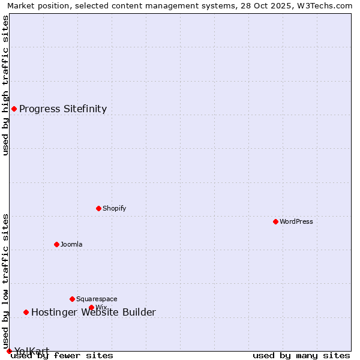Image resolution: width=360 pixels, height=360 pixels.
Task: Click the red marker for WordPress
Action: tap(275, 222)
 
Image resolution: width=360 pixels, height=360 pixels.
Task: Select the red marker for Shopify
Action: tap(98, 209)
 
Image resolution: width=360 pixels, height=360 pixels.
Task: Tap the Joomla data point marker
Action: tap(56, 244)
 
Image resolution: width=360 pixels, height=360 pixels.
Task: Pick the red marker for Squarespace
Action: tap(72, 299)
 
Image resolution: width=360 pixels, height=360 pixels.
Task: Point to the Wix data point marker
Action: tap(91, 308)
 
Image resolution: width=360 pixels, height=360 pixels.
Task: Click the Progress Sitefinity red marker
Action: tap(14, 109)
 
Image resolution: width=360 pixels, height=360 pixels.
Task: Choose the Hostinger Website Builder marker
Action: tap(26, 312)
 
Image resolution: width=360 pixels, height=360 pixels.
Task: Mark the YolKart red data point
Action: tap(9, 351)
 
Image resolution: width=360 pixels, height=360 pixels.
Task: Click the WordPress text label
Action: tap(296, 222)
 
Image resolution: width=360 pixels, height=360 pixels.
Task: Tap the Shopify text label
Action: tap(114, 209)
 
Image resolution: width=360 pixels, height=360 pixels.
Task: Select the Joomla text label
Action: tap(71, 245)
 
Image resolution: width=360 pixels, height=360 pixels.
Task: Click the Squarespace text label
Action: tap(97, 299)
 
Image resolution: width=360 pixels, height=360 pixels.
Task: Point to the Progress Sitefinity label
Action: tap(63, 109)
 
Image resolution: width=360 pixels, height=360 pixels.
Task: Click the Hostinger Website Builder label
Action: tap(94, 313)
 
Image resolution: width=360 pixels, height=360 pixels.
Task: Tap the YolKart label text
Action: tap(32, 351)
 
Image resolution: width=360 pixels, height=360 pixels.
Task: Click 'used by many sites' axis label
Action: tap(301, 356)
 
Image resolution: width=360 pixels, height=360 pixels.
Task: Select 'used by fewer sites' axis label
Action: tap(62, 356)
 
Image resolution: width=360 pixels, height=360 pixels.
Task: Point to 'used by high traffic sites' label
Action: tap(6, 85)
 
